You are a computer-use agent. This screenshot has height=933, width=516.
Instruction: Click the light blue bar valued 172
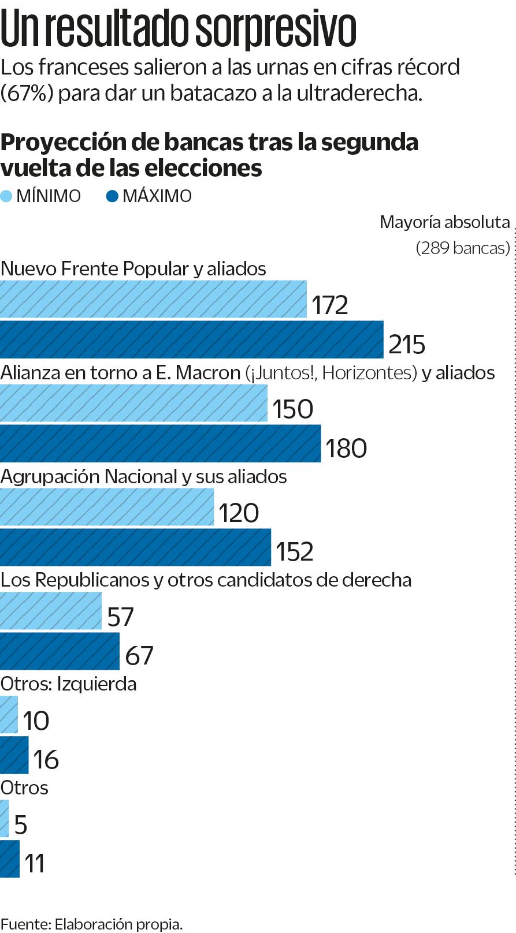coord(153,299)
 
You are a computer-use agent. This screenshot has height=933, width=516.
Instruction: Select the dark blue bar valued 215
coord(191,339)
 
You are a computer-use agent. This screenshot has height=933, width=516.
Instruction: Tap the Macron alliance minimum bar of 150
coord(133,403)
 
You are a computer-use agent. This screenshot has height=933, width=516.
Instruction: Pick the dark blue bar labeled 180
coord(160,443)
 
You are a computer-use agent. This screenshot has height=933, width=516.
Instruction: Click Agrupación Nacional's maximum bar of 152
coord(135,547)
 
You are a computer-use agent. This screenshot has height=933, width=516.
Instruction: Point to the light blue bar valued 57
coord(51,611)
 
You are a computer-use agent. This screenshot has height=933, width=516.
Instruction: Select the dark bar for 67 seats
coord(60,651)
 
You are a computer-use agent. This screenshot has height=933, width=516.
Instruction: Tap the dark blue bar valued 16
coord(14,755)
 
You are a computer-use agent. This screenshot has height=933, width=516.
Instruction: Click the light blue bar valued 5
coord(5,819)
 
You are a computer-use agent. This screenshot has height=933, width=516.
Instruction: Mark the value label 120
coord(239,513)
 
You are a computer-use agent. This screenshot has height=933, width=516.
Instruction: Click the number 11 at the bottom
coord(35,863)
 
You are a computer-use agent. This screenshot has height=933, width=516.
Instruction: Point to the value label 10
coord(36,721)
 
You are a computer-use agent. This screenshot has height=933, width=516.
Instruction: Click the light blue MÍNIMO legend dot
coord(6,196)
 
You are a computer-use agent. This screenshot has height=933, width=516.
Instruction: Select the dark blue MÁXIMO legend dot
coord(112,196)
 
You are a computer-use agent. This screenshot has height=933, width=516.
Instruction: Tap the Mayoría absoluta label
coord(444,222)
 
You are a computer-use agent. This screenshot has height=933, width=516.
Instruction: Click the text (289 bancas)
coord(463,248)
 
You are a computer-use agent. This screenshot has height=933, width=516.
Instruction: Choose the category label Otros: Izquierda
coord(69,684)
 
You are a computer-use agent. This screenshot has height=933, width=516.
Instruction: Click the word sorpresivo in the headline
coord(275,28)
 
